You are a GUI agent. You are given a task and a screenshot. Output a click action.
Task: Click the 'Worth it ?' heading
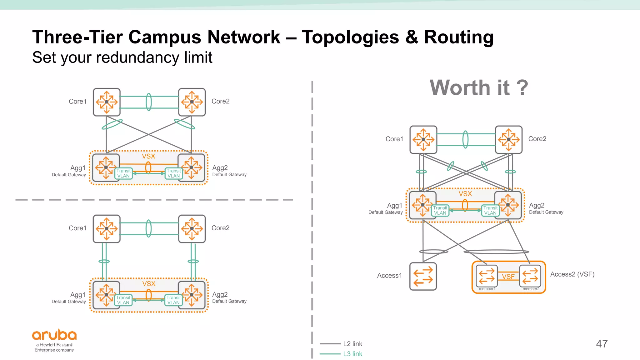pyautogui.click(x=479, y=87)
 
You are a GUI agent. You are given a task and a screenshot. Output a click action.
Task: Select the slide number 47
pyautogui.click(x=602, y=344)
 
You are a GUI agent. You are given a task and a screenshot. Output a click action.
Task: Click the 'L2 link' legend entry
pyautogui.click(x=352, y=344)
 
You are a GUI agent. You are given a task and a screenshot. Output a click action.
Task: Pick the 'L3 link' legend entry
pyautogui.click(x=352, y=354)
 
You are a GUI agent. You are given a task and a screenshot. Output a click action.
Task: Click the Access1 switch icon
pyautogui.click(x=423, y=276)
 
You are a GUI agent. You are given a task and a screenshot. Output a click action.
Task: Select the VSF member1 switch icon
pyautogui.click(x=487, y=276)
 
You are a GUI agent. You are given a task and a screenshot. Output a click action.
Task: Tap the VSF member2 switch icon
pyautogui.click(x=530, y=276)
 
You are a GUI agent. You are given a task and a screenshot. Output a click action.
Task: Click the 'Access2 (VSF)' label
pyautogui.click(x=572, y=274)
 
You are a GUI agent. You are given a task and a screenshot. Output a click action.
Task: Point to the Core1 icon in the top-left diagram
pyautogui.click(x=107, y=102)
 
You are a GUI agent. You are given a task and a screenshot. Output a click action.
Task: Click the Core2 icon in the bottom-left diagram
pyautogui.click(x=192, y=229)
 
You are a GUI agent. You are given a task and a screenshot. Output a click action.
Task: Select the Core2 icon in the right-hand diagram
pyautogui.click(x=508, y=140)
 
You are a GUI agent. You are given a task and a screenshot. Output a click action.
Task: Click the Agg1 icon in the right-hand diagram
pyautogui.click(x=422, y=205)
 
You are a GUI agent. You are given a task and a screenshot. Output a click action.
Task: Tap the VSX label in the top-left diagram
pyautogui.click(x=148, y=156)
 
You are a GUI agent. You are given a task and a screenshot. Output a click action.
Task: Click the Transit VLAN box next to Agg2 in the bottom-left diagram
pyautogui.click(x=173, y=300)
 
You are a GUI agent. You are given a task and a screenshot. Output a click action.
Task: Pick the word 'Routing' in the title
pyautogui.click(x=458, y=37)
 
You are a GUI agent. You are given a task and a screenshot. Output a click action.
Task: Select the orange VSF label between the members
pyautogui.click(x=508, y=277)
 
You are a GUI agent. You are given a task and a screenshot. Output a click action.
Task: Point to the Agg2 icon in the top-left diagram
pyautogui.click(x=192, y=167)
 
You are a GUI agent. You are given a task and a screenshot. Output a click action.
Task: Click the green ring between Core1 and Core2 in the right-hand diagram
pyautogui.click(x=465, y=139)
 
